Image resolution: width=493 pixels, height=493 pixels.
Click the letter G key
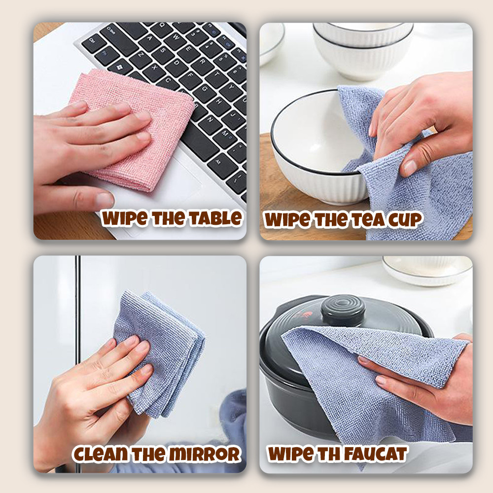(205, 90)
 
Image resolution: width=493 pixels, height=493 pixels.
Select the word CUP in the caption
(405, 220)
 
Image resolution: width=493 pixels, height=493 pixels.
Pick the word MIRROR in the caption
(205, 454)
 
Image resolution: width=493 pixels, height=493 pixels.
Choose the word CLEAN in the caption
(101, 454)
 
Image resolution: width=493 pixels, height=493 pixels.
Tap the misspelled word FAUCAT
(375, 454)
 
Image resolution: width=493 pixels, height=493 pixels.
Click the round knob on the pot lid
(343, 310)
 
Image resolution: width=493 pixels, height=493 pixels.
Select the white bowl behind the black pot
(427, 270)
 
